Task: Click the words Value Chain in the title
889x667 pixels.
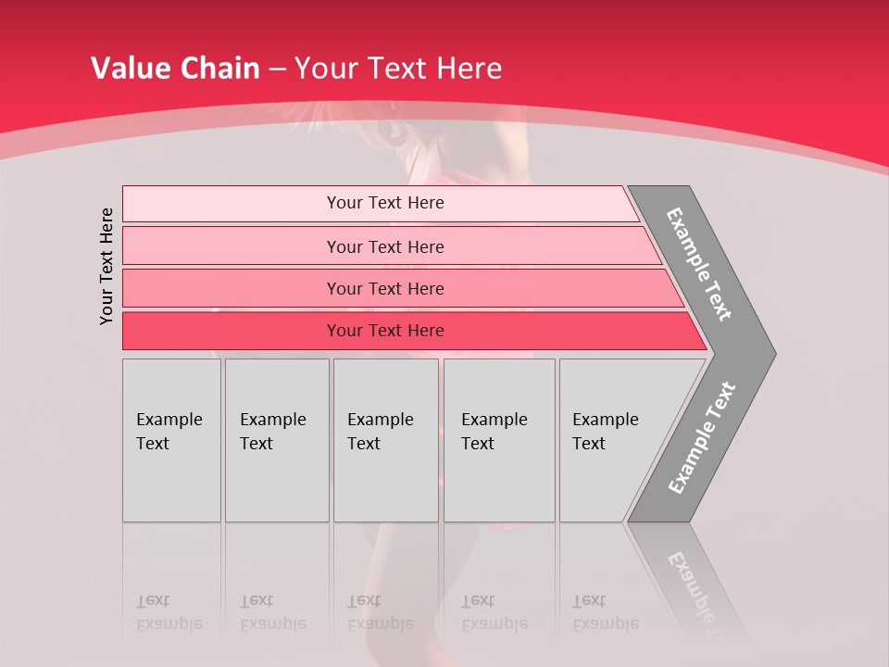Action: [x=175, y=68]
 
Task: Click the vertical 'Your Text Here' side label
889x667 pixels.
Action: [x=106, y=266]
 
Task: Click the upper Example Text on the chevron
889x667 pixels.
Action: [x=699, y=264]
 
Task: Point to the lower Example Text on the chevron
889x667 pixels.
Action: [x=702, y=438]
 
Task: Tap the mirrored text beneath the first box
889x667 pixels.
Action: [x=169, y=612]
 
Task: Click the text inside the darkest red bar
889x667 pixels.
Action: [x=385, y=331]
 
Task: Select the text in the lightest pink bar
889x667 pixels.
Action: [x=385, y=203]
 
